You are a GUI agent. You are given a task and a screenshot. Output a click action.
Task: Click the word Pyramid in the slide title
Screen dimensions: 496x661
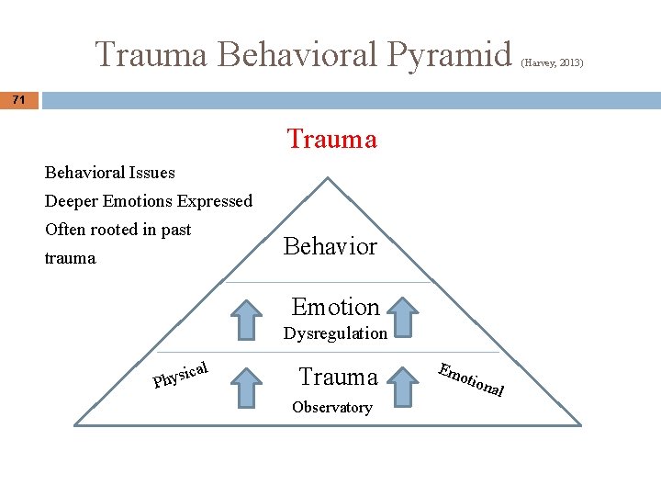[x=451, y=54]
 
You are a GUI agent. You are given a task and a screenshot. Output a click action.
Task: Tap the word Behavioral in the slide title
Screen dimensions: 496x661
[x=302, y=54]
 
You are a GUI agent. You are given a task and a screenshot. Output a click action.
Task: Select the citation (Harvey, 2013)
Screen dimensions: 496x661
[x=552, y=63]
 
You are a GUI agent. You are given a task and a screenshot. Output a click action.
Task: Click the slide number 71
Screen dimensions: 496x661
[x=19, y=99]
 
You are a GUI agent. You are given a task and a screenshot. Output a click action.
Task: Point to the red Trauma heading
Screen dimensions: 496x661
[x=331, y=139]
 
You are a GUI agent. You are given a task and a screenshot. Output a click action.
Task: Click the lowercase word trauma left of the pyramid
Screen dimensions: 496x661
[x=70, y=258]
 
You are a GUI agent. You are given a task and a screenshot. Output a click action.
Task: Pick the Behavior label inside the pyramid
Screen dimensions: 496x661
[x=330, y=246]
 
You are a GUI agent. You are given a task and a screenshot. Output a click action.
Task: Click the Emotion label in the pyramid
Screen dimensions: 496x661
[x=335, y=307]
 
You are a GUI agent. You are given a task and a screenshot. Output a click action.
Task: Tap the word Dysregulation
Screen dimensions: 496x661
[x=335, y=333]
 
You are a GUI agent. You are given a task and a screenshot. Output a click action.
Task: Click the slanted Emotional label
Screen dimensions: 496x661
[x=471, y=379]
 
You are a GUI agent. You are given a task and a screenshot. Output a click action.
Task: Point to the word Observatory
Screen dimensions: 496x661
[x=331, y=407]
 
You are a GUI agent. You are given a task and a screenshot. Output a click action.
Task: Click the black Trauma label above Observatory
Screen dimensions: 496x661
[x=338, y=377]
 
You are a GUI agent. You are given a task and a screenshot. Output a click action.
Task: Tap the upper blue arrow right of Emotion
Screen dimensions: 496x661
[x=401, y=318]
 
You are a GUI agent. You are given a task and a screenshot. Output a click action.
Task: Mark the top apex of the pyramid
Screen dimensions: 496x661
[x=328, y=175]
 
